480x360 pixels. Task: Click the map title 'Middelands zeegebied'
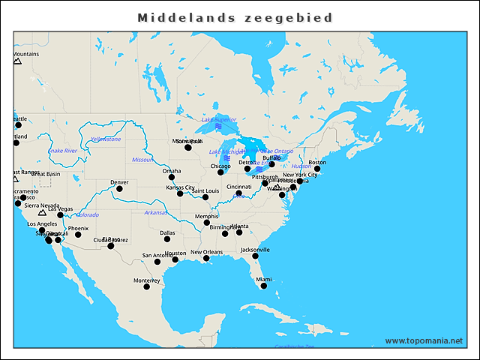pyautogui.click(x=235, y=17)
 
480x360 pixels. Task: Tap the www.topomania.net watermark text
pyautogui.click(x=423, y=340)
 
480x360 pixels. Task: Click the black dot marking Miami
pyautogui.click(x=263, y=286)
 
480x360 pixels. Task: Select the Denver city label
pyautogui.click(x=119, y=182)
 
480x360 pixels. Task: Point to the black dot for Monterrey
pyautogui.click(x=147, y=286)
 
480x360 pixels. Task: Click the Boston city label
pyautogui.click(x=318, y=163)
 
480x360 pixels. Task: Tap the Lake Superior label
pyautogui.click(x=218, y=119)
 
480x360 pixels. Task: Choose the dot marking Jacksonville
pyautogui.click(x=256, y=256)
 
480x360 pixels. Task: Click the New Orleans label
pyautogui.click(x=206, y=252)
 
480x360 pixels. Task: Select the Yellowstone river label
pyautogui.click(x=106, y=139)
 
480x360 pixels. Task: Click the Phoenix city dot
pyautogui.click(x=78, y=235)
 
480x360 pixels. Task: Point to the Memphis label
pyautogui.click(x=207, y=216)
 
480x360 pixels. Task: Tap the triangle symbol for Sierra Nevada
pyautogui.click(x=42, y=213)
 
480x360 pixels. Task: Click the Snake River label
pyautogui.click(x=63, y=151)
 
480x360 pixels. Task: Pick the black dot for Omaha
pyautogui.click(x=171, y=177)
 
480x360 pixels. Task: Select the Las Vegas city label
pyautogui.click(x=61, y=209)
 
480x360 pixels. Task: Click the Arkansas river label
pyautogui.click(x=155, y=213)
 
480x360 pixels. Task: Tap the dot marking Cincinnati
pyautogui.click(x=239, y=193)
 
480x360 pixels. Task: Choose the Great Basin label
pyautogui.click(x=46, y=174)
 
